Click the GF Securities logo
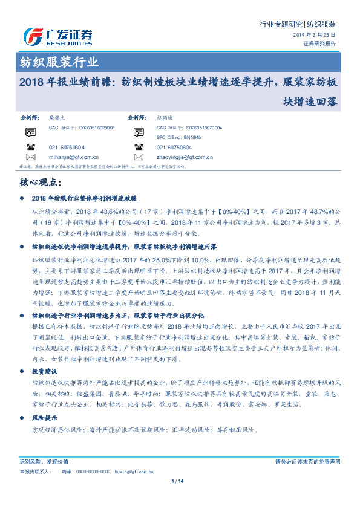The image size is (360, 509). pos(57,37)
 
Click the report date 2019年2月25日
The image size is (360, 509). pos(319,36)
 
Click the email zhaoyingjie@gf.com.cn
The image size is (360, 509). pos(184,157)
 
